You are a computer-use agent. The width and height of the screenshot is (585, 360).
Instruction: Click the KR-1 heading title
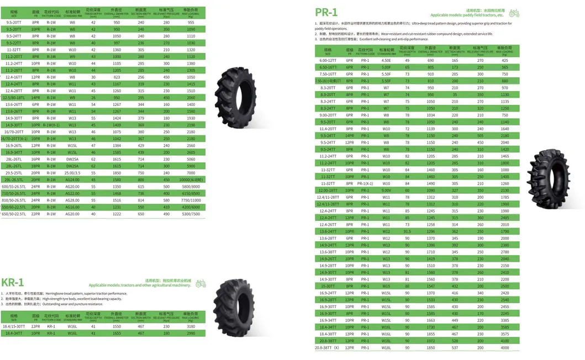point(12,283)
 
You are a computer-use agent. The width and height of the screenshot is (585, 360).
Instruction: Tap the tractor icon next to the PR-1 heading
point(514,12)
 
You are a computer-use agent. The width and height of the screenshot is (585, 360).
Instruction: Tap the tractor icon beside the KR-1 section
point(200,283)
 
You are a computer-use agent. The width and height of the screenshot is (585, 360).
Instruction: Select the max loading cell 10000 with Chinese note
point(191,179)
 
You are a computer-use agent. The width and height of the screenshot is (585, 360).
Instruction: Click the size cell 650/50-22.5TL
point(14,214)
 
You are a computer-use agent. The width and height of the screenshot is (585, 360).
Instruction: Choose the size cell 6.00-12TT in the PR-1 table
point(328,60)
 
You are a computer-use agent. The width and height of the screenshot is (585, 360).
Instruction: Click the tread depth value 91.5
point(407,231)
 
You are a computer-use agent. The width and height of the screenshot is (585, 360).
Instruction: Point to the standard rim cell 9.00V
point(386,190)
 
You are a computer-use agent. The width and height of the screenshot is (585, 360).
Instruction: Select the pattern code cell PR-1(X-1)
point(365,183)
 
